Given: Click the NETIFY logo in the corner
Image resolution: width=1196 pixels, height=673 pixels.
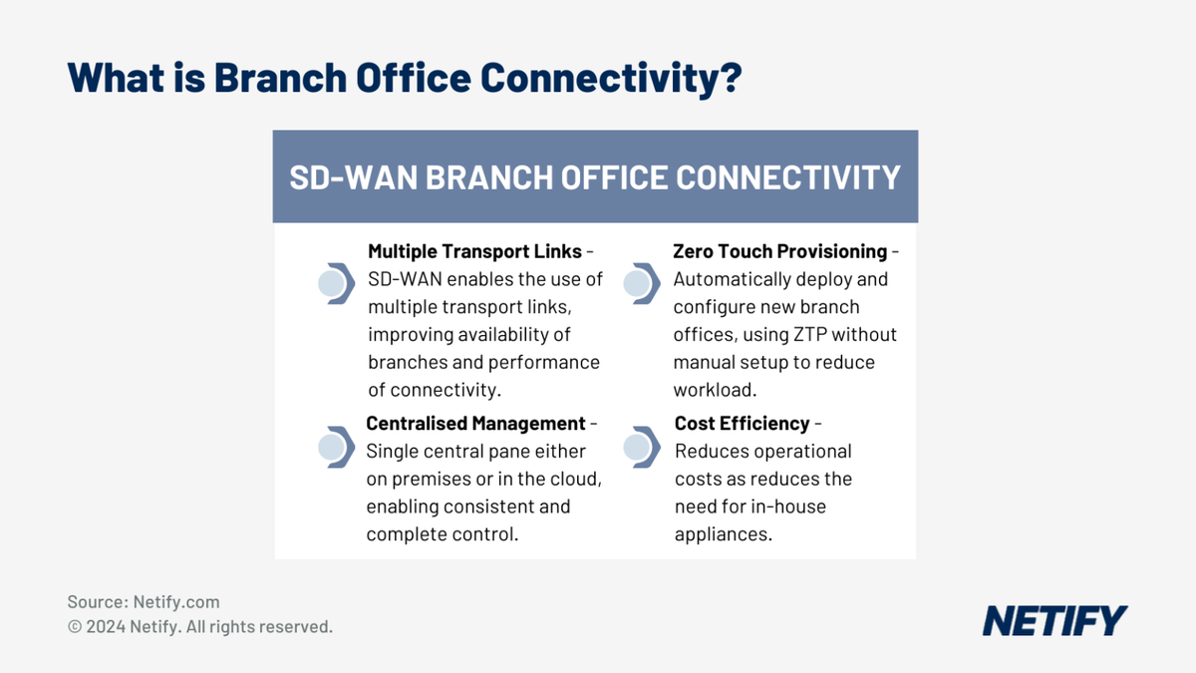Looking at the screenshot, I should pos(1054,620).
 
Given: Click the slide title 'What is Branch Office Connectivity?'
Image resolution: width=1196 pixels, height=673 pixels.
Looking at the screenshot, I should pos(404,77).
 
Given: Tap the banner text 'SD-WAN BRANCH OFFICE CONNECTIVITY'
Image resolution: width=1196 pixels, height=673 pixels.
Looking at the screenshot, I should pos(595,177).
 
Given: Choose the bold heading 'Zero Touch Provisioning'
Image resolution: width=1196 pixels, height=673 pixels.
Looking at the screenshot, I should pos(779,251).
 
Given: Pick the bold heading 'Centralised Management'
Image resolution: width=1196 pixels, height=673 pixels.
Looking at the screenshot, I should pos(475,424).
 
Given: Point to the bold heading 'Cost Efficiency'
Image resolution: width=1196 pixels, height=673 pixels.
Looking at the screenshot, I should pos(742,424).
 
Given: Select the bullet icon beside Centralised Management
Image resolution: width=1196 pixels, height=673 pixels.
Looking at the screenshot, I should pos(335,448).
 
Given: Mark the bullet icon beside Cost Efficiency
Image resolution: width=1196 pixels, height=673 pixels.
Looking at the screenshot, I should pos(640,448).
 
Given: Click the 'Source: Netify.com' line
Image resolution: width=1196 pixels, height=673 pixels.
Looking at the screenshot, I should pos(144,602).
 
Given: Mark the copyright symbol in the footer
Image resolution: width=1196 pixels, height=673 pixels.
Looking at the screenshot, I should pos(75,627).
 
